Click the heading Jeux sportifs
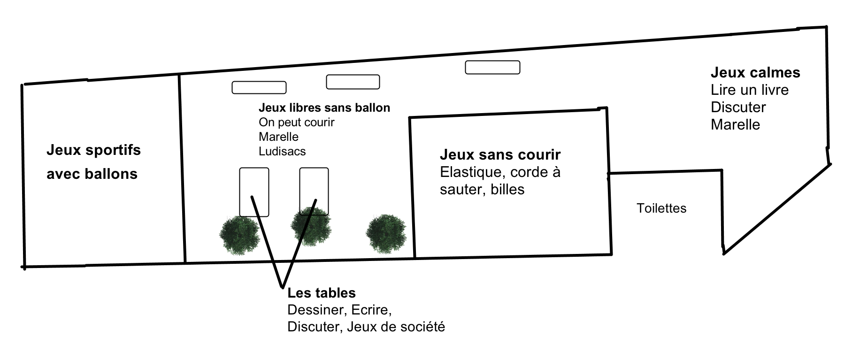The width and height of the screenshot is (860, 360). pos(93,150)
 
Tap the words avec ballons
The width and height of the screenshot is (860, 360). pos(92,174)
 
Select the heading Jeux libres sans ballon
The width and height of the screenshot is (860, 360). pos(324,108)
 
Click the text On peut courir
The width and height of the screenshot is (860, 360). pos(297,123)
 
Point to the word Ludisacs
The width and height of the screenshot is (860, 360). pos(282,151)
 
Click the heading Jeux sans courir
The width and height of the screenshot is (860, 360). pos(500,154)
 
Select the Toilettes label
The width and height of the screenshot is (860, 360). pos(661,208)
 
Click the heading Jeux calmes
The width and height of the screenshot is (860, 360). pos(755,72)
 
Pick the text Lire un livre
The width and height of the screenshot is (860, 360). pos(750,90)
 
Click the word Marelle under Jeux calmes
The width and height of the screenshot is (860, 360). pos(735,124)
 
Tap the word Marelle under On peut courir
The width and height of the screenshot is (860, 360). pos(278,137)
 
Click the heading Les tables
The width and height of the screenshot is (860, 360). pos(322,293)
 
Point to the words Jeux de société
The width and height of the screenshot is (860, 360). pos(396,326)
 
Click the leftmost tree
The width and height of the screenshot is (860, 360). pos(239,235)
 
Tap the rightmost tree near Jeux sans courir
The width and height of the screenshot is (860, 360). pos(386,234)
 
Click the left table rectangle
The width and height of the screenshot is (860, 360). pos(254,192)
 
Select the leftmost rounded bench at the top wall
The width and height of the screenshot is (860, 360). pos(259,88)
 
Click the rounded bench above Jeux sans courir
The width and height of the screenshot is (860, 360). pos(492,68)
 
